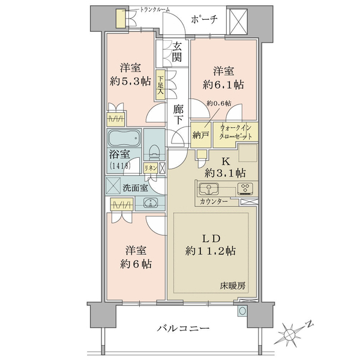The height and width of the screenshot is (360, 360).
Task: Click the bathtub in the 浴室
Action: (124, 139)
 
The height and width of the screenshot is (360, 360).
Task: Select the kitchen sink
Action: (208, 189)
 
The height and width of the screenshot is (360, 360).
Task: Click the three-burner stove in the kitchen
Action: (245, 188)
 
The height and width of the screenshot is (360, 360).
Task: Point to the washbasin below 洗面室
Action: (150, 203)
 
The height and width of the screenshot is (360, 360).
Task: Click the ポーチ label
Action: (204, 20)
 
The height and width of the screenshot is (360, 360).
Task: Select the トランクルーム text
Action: (155, 10)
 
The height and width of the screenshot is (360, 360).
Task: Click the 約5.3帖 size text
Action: (130, 81)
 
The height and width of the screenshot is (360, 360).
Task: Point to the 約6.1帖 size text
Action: (223, 85)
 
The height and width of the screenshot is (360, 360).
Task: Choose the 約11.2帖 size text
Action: (211, 251)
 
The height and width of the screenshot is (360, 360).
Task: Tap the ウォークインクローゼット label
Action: (236, 132)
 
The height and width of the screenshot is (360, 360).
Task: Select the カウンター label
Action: (214, 202)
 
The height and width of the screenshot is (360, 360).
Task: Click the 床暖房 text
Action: (232, 286)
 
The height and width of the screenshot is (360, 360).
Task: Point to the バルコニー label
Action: (183, 328)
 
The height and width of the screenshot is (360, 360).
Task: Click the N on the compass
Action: (310, 325)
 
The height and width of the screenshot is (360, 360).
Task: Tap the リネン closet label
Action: (151, 168)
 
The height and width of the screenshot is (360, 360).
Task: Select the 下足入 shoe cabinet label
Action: (160, 85)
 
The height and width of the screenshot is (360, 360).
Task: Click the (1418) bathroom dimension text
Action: (120, 166)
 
